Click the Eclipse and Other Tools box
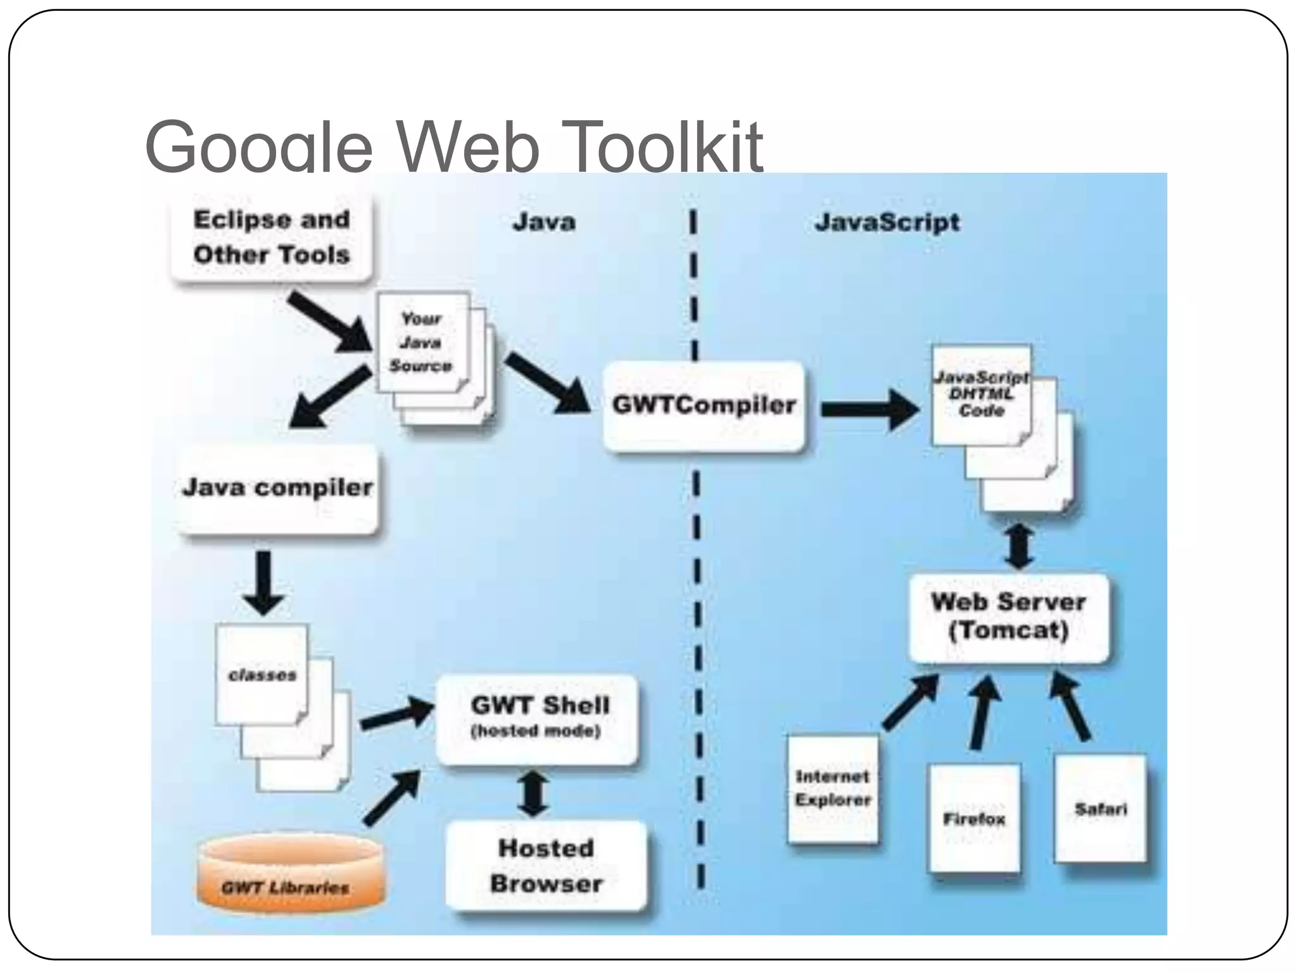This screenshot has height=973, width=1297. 271,237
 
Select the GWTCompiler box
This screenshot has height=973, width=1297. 704,406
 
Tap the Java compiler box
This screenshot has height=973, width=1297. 277,488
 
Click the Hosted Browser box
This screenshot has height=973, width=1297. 546,866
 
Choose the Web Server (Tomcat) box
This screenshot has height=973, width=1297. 1008,617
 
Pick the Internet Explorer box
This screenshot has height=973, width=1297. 833,789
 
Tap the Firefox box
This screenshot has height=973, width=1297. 974,818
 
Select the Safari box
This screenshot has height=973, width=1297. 1101,808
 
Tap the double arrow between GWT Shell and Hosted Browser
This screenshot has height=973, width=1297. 533,792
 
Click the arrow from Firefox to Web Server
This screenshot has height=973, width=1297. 984,712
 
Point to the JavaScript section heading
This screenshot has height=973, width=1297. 887,222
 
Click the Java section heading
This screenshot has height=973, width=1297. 543,222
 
